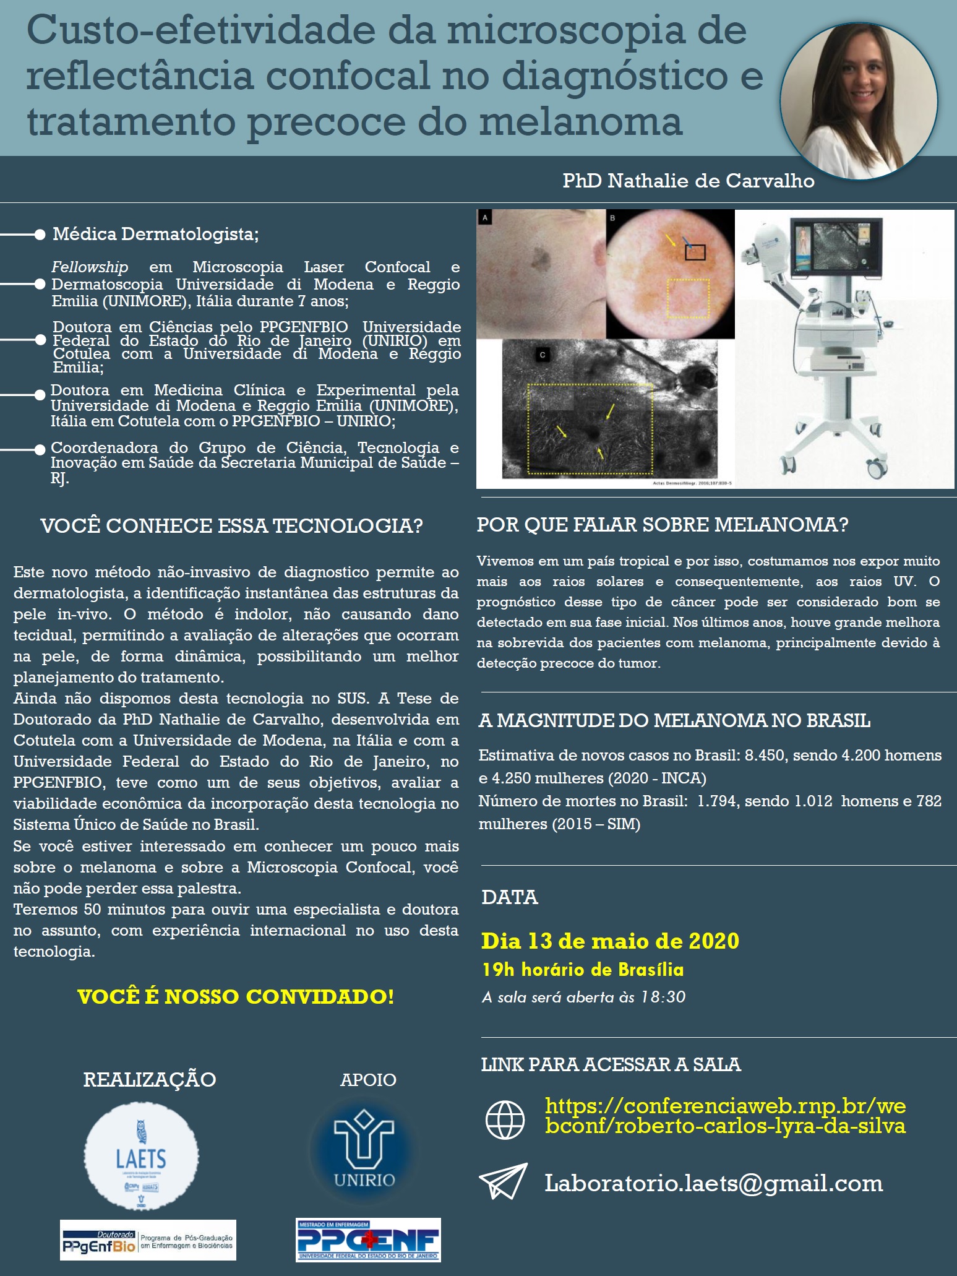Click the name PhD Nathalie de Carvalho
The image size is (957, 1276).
click(x=688, y=181)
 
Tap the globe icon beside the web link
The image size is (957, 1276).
click(x=505, y=1119)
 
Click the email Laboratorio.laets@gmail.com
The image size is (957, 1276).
click(x=713, y=1183)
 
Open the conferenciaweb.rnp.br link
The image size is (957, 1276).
click(x=725, y=1115)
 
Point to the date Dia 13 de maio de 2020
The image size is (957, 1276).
click(x=610, y=941)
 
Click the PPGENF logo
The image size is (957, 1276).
click(x=368, y=1239)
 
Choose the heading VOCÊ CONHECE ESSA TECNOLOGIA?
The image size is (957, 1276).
click(x=231, y=526)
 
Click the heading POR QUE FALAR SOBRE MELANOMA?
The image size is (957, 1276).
click(x=662, y=525)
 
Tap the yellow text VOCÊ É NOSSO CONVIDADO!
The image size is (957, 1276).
click(x=236, y=997)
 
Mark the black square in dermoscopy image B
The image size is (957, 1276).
click(x=695, y=252)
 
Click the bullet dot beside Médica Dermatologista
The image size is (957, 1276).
click(x=40, y=235)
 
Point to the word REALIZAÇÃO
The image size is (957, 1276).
click(x=150, y=1079)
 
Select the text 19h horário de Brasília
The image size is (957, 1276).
click(x=583, y=970)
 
